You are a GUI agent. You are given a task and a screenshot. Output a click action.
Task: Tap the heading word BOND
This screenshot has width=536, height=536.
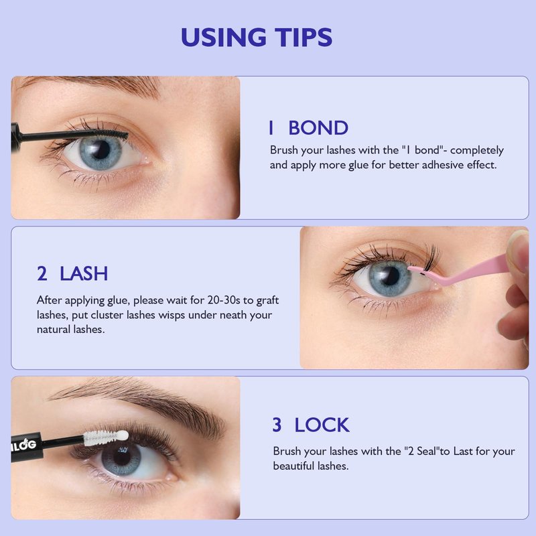pos(318,128)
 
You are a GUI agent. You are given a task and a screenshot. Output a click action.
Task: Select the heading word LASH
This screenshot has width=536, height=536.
pos(84,273)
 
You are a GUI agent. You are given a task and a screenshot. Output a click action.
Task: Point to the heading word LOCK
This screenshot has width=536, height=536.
pos(322,425)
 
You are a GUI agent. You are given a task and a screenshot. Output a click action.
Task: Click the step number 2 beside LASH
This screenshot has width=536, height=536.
pos(42,273)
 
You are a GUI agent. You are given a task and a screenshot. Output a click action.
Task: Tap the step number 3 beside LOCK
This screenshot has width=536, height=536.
pos(277,425)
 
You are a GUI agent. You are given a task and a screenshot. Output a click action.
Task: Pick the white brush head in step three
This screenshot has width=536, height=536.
pos(106,437)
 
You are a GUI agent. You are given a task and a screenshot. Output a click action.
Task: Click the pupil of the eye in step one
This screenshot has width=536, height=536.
pos(101,149)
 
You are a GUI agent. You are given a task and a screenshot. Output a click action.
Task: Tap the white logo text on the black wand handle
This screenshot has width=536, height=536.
pos(23,445)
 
